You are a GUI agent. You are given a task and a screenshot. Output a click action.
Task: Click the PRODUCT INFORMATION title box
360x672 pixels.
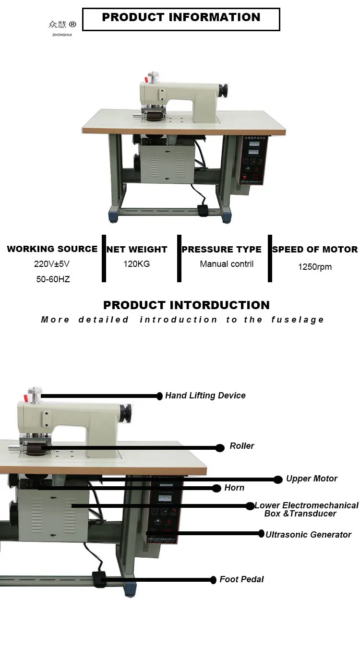[x=181, y=19]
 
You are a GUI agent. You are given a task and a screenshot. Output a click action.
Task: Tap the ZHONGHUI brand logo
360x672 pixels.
[x=62, y=27]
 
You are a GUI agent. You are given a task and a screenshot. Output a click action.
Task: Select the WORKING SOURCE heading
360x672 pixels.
[x=52, y=249]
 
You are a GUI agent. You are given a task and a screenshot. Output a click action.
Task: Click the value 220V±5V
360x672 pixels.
[x=52, y=264]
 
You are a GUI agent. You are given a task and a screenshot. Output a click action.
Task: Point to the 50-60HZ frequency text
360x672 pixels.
[x=53, y=279]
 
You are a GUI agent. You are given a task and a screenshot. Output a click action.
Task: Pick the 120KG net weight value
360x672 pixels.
[x=137, y=264]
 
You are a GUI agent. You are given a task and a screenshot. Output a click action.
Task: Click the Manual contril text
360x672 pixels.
[x=227, y=264]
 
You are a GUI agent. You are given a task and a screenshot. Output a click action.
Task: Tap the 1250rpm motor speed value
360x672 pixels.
[x=314, y=267]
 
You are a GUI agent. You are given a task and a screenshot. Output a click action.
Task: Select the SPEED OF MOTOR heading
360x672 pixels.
[x=314, y=250]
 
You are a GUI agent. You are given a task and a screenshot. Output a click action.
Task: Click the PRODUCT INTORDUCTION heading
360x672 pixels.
[x=186, y=305]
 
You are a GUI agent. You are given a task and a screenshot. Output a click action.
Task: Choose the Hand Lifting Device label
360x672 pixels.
[x=205, y=396]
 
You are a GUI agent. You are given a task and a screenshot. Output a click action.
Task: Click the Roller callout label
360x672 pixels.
[x=242, y=446]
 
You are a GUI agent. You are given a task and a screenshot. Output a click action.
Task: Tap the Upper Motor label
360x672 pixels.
[x=312, y=479]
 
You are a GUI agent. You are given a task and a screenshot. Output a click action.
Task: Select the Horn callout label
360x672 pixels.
[x=234, y=488]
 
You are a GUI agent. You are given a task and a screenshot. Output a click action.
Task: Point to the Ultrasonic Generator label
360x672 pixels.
[x=308, y=535]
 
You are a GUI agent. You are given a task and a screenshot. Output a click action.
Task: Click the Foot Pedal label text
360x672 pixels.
[x=241, y=579]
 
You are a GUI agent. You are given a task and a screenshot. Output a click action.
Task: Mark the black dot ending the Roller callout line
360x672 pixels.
[x=220, y=448]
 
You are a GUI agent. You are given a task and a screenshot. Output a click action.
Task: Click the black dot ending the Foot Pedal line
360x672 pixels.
[x=214, y=580]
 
